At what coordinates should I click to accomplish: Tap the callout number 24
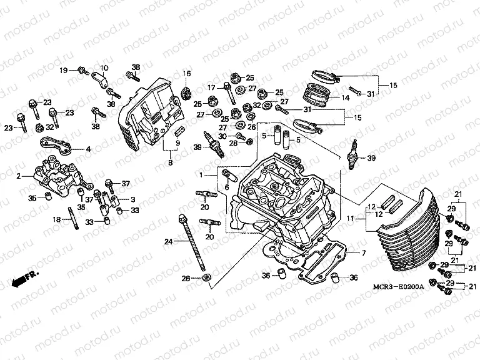coord(169,242)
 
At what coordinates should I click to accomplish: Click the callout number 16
coord(186,74)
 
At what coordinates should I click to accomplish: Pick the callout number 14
coord(344,98)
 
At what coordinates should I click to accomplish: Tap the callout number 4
coord(88,149)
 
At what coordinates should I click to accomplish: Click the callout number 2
coord(19,176)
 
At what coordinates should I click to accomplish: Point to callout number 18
coord(56,219)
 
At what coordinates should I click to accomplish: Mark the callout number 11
coord(351,218)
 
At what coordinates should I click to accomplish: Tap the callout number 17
coord(211,87)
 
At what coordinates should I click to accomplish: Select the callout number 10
coord(104,67)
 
